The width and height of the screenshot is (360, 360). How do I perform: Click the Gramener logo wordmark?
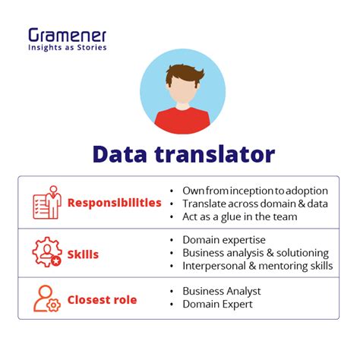coord(68,35)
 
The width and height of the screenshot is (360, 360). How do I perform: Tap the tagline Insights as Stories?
coord(68,47)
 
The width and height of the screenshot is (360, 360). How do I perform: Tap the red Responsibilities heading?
coord(114,203)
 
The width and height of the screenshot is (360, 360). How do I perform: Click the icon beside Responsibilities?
coord(46,203)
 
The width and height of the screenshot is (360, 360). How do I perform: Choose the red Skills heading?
coord(84,254)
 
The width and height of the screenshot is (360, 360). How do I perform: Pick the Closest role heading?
coord(102,299)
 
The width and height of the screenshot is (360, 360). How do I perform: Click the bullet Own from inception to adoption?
coord(254,189)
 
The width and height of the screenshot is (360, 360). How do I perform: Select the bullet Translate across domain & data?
coord(254,203)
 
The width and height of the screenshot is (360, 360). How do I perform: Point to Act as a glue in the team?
coord(239,216)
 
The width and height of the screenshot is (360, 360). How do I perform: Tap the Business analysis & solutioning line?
coord(254,252)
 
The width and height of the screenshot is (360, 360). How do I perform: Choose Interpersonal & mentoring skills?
coord(257,266)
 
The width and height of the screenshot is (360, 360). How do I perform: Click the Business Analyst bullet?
coord(221,291)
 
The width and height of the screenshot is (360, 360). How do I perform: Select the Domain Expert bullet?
coord(218,305)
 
